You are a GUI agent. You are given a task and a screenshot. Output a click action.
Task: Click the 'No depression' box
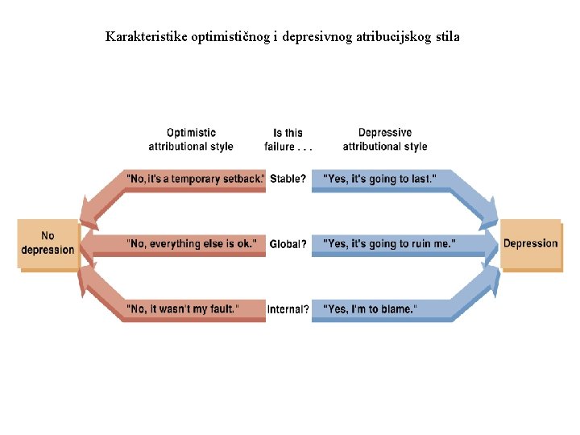[x=48, y=243]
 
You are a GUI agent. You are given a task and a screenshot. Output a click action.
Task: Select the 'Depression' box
[x=530, y=243]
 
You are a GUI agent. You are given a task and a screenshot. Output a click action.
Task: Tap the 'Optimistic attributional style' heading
[x=191, y=139]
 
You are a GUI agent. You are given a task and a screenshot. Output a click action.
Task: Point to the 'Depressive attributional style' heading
[x=384, y=139]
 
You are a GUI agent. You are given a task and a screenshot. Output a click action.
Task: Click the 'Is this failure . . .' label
[x=288, y=139]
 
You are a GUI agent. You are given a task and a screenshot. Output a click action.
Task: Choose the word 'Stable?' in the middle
[x=288, y=179]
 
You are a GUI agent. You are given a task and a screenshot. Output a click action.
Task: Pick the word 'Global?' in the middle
[x=288, y=244]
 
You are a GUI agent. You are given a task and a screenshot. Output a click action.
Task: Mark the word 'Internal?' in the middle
[x=288, y=309]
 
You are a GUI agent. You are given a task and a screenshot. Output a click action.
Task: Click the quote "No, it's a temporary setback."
[x=196, y=179]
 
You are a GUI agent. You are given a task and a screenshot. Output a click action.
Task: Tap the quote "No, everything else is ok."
[x=192, y=243]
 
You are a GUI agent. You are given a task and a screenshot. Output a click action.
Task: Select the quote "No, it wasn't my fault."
[x=183, y=309]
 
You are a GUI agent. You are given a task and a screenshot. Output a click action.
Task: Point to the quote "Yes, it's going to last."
[x=379, y=179]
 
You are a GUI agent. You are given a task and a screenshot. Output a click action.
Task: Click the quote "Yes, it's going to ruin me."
[x=389, y=243]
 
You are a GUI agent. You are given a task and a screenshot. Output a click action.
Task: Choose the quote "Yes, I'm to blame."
[x=370, y=309]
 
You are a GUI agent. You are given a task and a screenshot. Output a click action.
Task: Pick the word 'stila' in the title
[x=446, y=37]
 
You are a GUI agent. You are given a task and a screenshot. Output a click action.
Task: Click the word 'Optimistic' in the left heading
[x=191, y=133]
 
